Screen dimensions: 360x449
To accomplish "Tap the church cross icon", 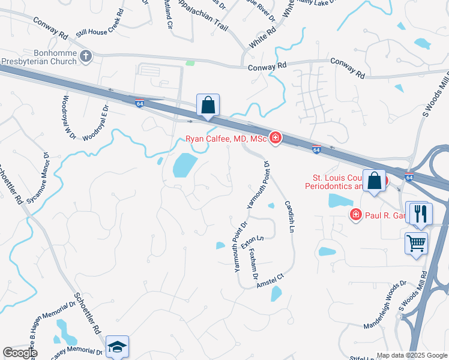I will pos(85,57).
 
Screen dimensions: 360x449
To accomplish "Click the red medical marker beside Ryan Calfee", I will pos(275,138).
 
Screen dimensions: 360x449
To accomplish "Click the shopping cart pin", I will pos(416,243).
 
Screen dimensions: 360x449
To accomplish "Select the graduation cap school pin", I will pos(117,346).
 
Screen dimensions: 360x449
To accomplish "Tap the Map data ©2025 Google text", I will pos(412,355).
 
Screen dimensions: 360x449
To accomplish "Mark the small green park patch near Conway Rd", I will pos(190,62).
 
